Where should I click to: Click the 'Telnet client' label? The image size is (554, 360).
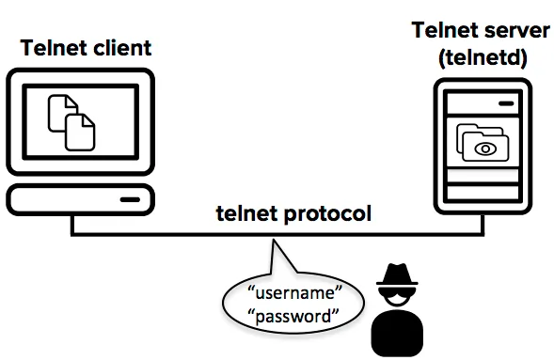click(x=86, y=48)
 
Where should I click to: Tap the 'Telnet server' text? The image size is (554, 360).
click(x=481, y=30)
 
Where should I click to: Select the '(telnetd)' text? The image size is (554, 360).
click(x=483, y=57)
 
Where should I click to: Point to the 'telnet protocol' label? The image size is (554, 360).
click(x=293, y=214)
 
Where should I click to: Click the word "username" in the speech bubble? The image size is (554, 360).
click(x=295, y=293)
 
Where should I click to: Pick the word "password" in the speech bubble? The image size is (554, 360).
click(x=293, y=316)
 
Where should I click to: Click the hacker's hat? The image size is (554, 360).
click(x=397, y=274)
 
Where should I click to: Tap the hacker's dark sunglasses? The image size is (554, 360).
click(x=397, y=292)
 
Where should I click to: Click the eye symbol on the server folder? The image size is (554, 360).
click(x=485, y=149)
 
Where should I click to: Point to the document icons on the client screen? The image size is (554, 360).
click(x=71, y=122)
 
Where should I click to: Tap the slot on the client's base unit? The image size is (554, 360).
click(x=130, y=200)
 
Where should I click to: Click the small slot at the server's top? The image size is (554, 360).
click(x=506, y=103)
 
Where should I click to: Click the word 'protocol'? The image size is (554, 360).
click(x=327, y=214)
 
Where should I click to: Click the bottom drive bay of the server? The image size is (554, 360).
click(x=483, y=193)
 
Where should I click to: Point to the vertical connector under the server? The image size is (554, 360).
click(x=483, y=224)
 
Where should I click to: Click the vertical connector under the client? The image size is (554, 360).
click(x=72, y=225)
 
